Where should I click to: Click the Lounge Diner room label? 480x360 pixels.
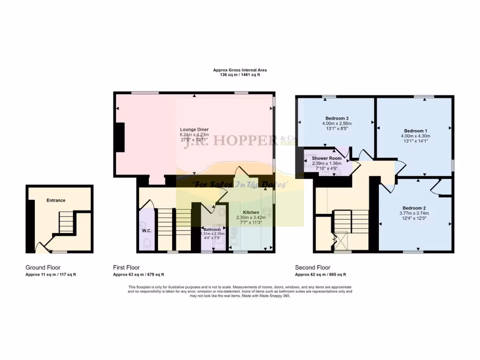pos(194,129)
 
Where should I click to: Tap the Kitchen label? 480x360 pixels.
pos(250,212)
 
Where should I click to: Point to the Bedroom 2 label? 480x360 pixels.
pos(414,208)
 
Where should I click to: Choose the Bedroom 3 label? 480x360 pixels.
pos(337,118)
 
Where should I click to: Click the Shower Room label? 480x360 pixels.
pos(327,158)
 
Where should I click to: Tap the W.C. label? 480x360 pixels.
pos(146,231)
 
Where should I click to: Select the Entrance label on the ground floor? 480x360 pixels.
pos(56,200)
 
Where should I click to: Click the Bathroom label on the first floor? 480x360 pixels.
pos(212,229)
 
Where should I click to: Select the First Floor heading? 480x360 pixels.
pos(126,268)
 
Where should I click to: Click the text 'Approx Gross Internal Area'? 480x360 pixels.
pos(240,70)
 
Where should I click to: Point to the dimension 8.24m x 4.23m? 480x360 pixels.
pos(194,135)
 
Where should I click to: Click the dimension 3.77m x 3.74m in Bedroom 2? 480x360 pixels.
pos(414,213)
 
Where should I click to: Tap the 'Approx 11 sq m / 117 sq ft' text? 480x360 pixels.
pos(51,274)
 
